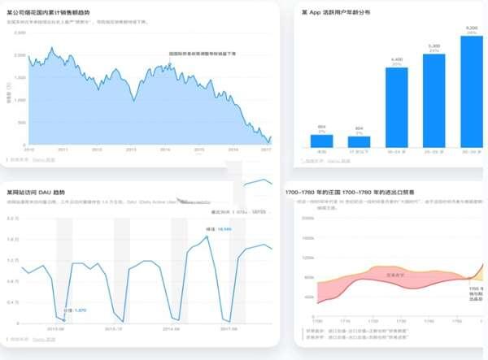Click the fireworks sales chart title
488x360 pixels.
click(66, 12)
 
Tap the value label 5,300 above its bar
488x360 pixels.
click(434, 46)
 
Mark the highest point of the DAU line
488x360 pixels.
click(207, 236)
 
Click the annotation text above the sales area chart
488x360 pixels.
click(202, 54)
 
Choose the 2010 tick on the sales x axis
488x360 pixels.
click(28, 150)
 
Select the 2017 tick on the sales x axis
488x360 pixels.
click(266, 150)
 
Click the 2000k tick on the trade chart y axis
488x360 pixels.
click(307, 219)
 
